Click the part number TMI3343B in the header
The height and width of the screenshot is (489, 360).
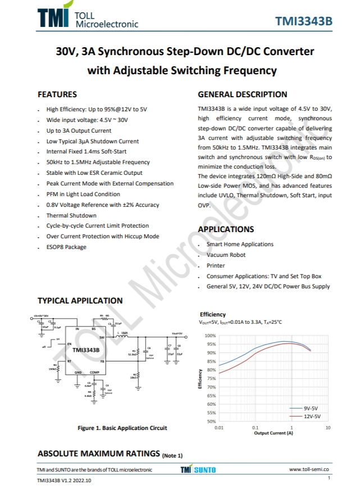coord(304,21)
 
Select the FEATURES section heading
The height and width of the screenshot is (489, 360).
coord(57,94)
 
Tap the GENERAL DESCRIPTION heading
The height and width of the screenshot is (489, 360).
coord(243,94)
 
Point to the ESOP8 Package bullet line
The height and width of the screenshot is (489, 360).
coord(66,247)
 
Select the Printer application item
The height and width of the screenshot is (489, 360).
coord(216,265)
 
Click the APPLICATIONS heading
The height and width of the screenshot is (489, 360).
coord(226,229)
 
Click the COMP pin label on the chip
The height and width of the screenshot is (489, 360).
coord(94,373)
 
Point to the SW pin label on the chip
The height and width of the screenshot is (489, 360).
coord(102,338)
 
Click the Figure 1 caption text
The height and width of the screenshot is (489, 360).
coord(122,428)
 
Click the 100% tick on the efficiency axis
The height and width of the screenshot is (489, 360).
coord(211,336)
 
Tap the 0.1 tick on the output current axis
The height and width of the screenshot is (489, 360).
coord(256,428)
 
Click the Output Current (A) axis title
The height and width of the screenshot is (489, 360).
coord(274,433)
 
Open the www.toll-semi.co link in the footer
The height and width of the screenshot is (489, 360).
coord(309,469)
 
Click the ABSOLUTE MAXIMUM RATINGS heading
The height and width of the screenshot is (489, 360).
coord(99,453)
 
